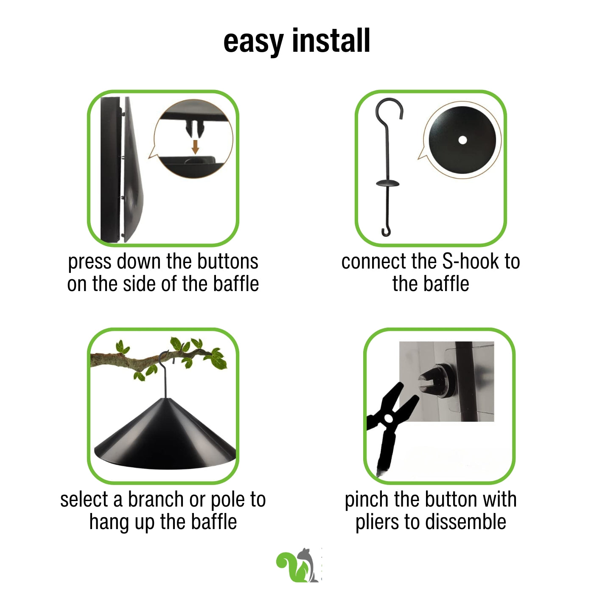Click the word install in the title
point(331,40)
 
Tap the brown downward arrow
point(195,147)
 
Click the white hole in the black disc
point(462,140)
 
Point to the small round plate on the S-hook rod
point(387,183)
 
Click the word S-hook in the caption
point(471,261)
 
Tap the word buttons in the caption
point(227,261)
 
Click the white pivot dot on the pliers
point(389,419)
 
